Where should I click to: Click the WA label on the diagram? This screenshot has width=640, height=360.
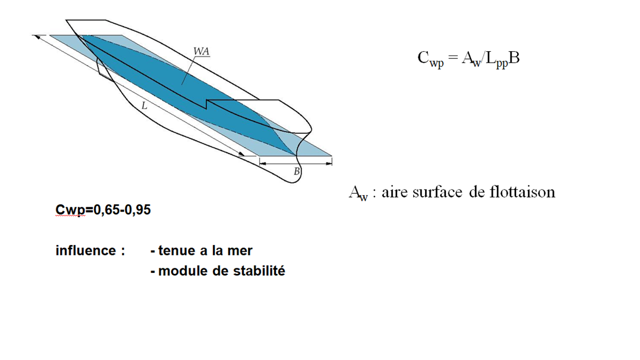[201, 51]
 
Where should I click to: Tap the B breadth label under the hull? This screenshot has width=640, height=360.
[297, 172]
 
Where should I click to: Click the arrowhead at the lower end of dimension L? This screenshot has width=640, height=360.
[242, 154]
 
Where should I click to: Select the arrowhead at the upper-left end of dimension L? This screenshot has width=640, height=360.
[37, 37]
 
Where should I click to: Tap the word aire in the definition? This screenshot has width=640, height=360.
[394, 192]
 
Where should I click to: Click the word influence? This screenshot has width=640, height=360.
[86, 251]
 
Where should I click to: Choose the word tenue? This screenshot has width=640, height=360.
[177, 251]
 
